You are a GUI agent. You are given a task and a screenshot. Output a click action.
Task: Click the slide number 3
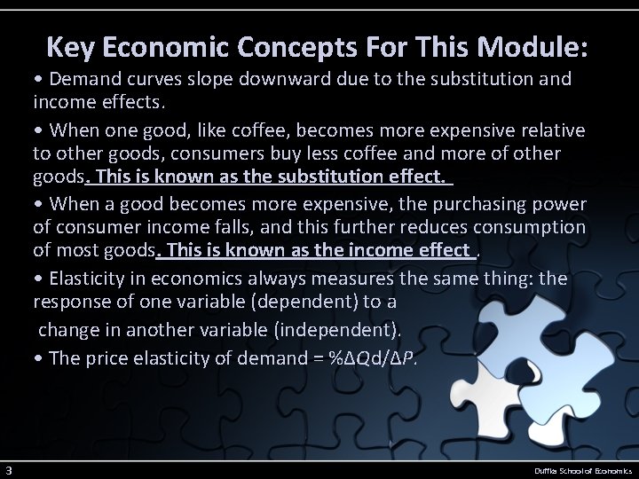click(x=7, y=469)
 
